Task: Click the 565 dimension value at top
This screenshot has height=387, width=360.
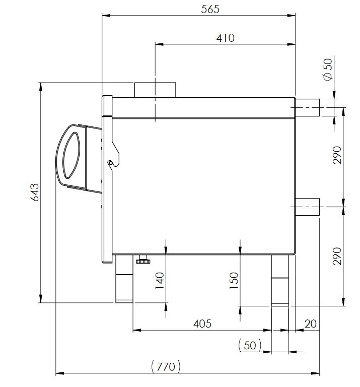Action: (210, 9)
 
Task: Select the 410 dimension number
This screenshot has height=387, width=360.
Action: (225, 38)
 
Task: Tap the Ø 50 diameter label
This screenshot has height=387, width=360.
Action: (328, 69)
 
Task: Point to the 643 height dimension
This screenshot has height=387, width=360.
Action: (35, 192)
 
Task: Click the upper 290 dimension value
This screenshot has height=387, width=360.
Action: (337, 155)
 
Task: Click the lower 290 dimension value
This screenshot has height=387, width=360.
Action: (337, 256)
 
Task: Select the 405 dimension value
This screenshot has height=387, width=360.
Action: (202, 324)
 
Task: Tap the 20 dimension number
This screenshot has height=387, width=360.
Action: (311, 324)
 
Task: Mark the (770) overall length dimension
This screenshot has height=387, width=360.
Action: (166, 366)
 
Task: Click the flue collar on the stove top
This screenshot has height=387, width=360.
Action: (155, 89)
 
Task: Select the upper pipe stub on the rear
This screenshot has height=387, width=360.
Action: (307, 107)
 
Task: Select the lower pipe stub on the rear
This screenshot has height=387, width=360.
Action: (307, 207)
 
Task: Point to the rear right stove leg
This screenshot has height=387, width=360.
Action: (280, 280)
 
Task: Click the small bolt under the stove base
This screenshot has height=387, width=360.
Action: (143, 260)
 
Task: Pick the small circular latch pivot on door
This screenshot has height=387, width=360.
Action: (110, 162)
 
